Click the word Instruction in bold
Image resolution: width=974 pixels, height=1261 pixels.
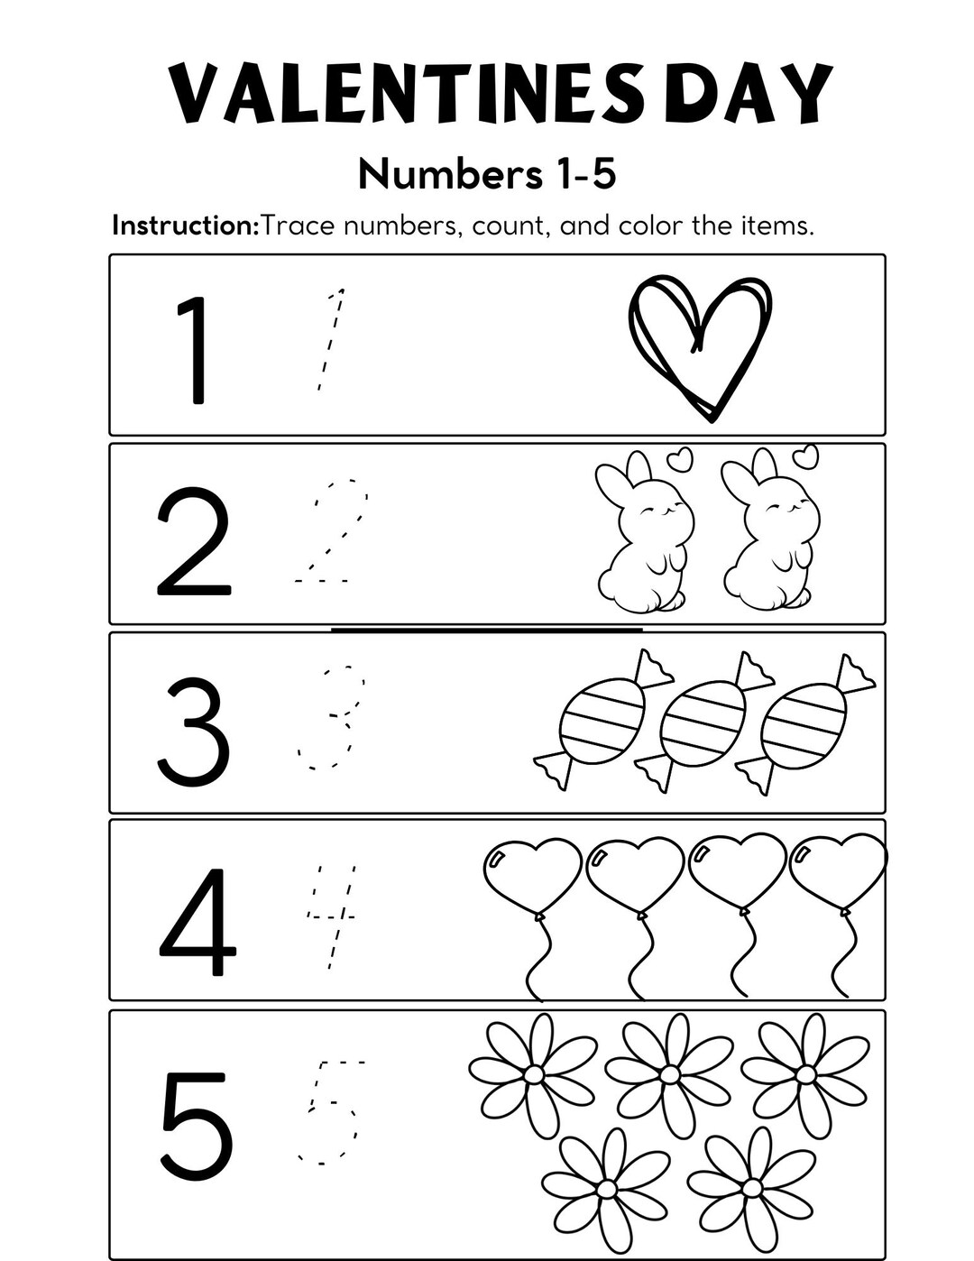[185, 226]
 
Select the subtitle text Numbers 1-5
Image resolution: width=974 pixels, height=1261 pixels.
[487, 174]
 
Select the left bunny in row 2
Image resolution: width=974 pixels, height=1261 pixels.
[642, 537]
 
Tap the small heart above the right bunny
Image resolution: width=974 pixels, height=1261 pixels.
[804, 456]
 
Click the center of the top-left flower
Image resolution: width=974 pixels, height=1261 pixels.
[533, 1074]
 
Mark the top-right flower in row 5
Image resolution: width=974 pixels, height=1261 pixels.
[804, 1074]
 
